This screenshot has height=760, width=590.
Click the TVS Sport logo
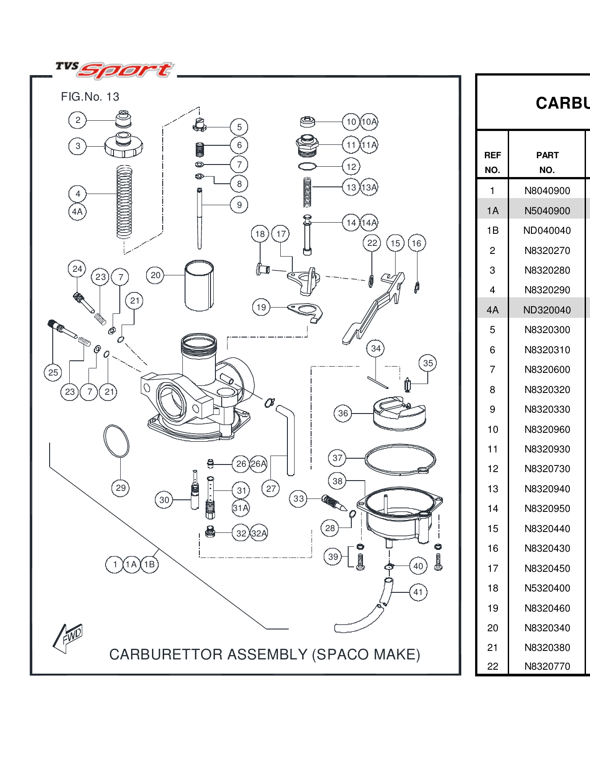(114, 70)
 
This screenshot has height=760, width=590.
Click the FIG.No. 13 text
(90, 97)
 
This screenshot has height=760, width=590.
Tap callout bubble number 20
(155, 275)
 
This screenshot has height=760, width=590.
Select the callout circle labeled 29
(120, 488)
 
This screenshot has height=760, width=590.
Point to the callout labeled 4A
(77, 211)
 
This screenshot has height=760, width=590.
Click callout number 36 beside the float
(343, 414)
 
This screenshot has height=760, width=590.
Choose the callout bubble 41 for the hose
(418, 592)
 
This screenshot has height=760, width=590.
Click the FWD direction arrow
(68, 637)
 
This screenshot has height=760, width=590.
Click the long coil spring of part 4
(124, 201)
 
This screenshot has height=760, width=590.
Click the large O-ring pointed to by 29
(116, 441)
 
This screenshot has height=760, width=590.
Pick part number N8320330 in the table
(547, 410)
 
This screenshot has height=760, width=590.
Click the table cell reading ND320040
(547, 310)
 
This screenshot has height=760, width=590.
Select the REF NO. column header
(492, 162)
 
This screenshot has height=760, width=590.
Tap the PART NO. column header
(547, 162)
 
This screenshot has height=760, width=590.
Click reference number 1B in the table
(493, 231)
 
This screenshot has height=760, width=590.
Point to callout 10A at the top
(369, 122)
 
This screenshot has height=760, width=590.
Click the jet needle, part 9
(199, 219)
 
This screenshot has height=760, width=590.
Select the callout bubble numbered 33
(299, 498)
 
